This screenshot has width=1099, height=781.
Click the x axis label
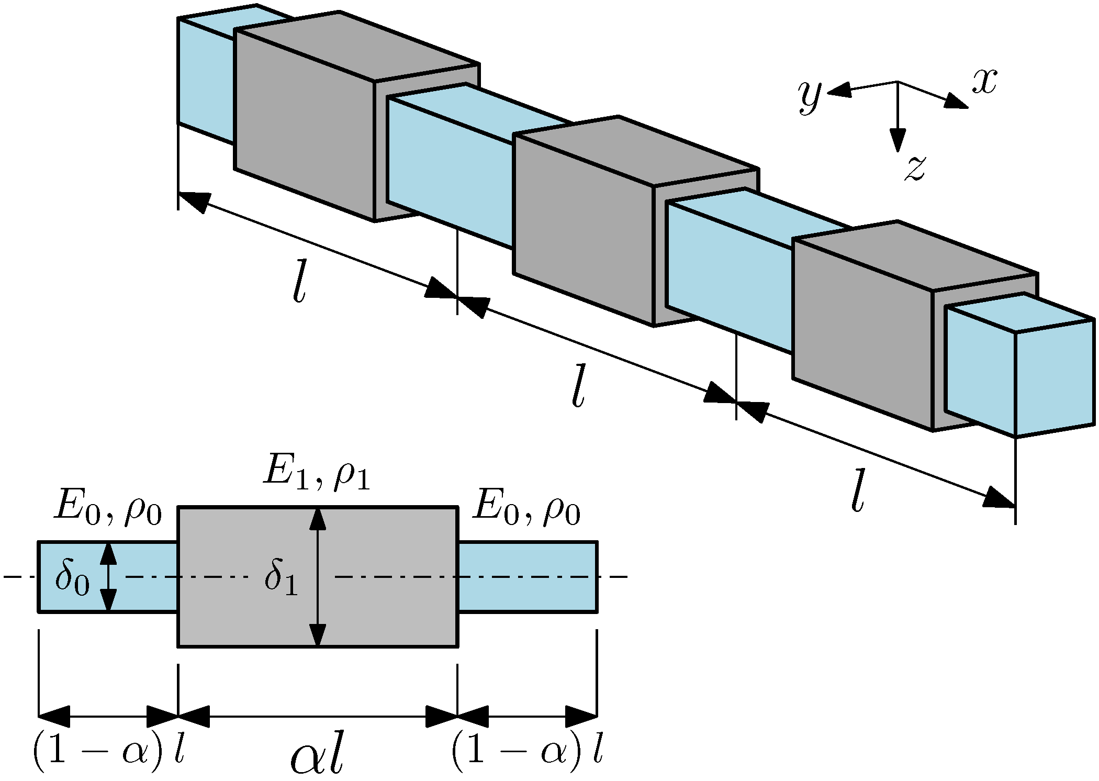pyautogui.click(x=984, y=83)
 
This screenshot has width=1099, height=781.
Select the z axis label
pyautogui.click(x=914, y=169)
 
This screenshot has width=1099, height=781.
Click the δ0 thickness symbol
pyautogui.click(x=72, y=579)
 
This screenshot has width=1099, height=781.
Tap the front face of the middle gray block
pyautogui.click(x=584, y=230)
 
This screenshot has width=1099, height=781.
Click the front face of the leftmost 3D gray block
pyautogui.click(x=304, y=126)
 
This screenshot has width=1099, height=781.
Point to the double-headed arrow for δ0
pyautogui.click(x=108, y=576)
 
